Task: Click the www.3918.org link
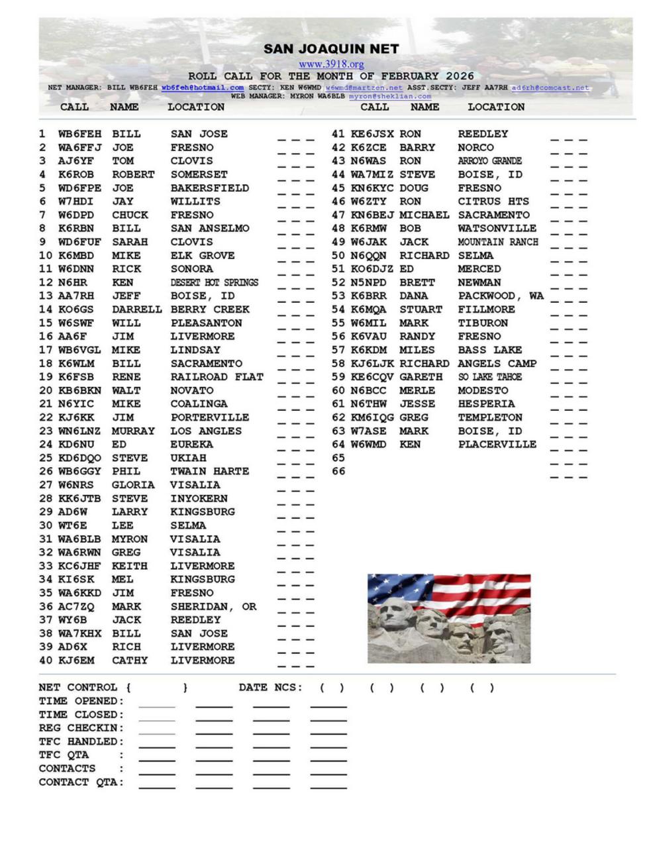point(331,64)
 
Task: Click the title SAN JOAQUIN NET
point(331,49)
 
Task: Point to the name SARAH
point(130,242)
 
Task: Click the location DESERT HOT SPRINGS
point(214,282)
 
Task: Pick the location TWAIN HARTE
point(209,471)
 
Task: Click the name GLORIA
point(132,485)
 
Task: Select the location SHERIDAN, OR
point(213,606)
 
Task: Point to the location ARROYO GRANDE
point(489,161)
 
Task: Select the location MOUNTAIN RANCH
point(498,242)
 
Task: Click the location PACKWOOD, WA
point(501,296)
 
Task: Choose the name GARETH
point(421,377)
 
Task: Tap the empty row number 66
point(338,471)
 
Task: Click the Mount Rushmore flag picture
point(449,618)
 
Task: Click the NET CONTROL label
point(78,688)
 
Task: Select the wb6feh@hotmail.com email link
point(202,87)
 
